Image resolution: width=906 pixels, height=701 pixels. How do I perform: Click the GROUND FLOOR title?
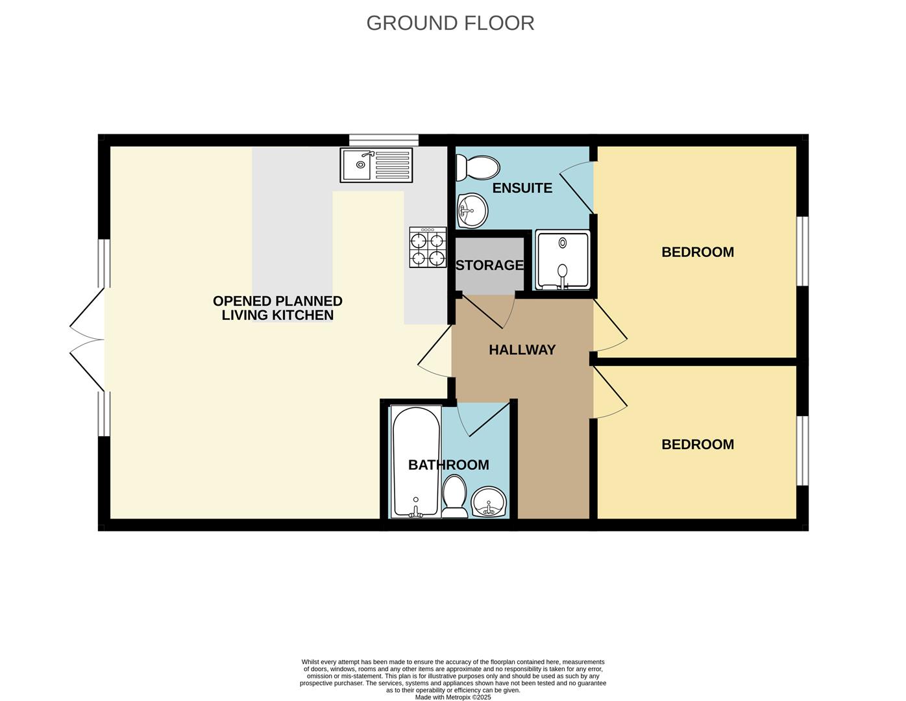pyautogui.click(x=450, y=23)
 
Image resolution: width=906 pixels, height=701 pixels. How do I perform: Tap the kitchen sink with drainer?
pyautogui.click(x=376, y=166)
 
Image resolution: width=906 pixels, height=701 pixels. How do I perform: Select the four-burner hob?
pyautogui.click(x=428, y=247)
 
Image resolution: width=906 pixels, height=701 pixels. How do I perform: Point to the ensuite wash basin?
pyautogui.click(x=472, y=210)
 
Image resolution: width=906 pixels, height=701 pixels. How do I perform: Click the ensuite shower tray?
pyautogui.click(x=563, y=260)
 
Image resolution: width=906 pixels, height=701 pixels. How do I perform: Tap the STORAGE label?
pyautogui.click(x=489, y=265)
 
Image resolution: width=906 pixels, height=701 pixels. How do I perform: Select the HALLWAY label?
pyautogui.click(x=522, y=350)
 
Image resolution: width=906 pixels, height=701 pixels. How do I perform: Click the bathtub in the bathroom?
pyautogui.click(x=415, y=461)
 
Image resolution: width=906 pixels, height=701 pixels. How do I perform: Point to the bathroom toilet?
pyautogui.click(x=454, y=497)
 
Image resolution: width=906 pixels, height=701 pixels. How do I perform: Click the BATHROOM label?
pyautogui.click(x=448, y=465)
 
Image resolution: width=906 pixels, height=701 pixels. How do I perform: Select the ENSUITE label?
pyautogui.click(x=522, y=188)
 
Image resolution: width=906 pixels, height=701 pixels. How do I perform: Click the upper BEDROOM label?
pyautogui.click(x=698, y=252)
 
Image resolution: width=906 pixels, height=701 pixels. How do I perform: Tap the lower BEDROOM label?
pyautogui.click(x=698, y=445)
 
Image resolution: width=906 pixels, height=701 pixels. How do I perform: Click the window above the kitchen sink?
pyautogui.click(x=384, y=140)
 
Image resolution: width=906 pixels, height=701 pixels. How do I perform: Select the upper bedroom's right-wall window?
pyautogui.click(x=803, y=251)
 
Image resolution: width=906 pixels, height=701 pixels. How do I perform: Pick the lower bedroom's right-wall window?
pyautogui.click(x=803, y=450)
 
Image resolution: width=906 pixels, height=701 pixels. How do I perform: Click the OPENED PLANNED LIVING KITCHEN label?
pyautogui.click(x=278, y=308)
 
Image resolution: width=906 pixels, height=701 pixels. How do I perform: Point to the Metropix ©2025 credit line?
pyautogui.click(x=453, y=698)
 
